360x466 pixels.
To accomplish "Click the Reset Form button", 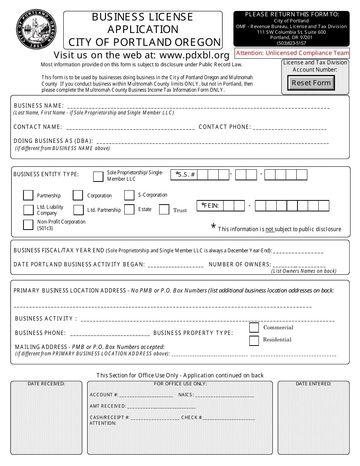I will pos(311,83).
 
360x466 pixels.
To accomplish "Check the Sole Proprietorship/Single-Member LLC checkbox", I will pos(98,177).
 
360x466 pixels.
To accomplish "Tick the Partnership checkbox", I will pos(28,195).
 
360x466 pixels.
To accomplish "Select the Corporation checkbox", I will pos(78,195).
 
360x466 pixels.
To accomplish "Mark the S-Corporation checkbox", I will pos(129,195).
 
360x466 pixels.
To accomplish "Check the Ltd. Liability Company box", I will pos(28,210).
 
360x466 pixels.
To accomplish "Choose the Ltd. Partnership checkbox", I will pos(78,210).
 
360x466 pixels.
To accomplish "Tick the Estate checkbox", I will pos(129,210).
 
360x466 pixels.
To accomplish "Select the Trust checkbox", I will pos(164,210).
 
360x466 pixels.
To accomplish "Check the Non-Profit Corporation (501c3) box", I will pos(28,225).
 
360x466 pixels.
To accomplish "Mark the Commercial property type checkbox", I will pos(254,327).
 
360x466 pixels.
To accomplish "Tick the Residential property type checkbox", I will pos(254,341).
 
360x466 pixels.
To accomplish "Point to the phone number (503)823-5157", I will pos(291,43).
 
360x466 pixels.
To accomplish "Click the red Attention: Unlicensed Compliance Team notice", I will pos(293,53).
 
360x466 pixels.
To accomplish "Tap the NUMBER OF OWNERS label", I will pos(240,264).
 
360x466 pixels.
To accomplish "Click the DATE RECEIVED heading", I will pos(46,384).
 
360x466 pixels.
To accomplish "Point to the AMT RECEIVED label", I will pos(108,406).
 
